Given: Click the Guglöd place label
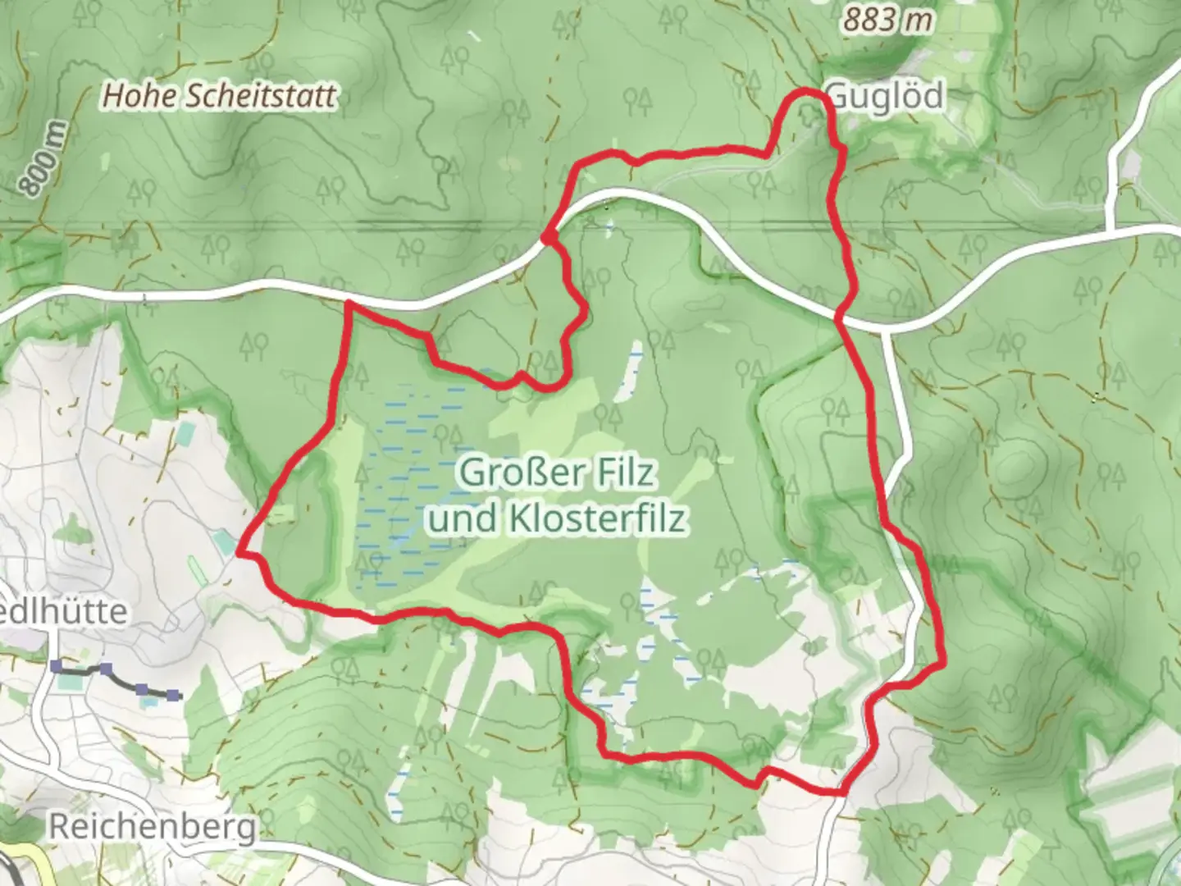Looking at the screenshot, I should pyautogui.click(x=886, y=97).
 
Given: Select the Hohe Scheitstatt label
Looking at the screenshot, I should pyautogui.click(x=219, y=96).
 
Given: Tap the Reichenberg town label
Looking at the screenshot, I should pyautogui.click(x=153, y=827).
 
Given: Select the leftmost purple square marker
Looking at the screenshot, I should pyautogui.click(x=56, y=665).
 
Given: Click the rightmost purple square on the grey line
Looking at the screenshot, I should pyautogui.click(x=173, y=696).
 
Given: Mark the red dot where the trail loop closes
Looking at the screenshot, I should pyautogui.click(x=545, y=238).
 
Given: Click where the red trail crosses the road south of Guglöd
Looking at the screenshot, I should pyautogui.click(x=841, y=314).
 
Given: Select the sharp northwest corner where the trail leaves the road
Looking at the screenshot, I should pyautogui.click(x=349, y=304).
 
